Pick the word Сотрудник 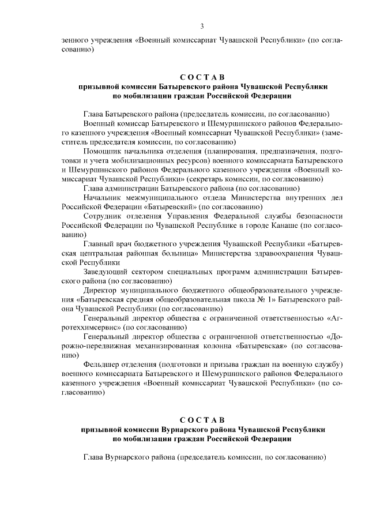103,216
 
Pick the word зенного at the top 75,40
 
